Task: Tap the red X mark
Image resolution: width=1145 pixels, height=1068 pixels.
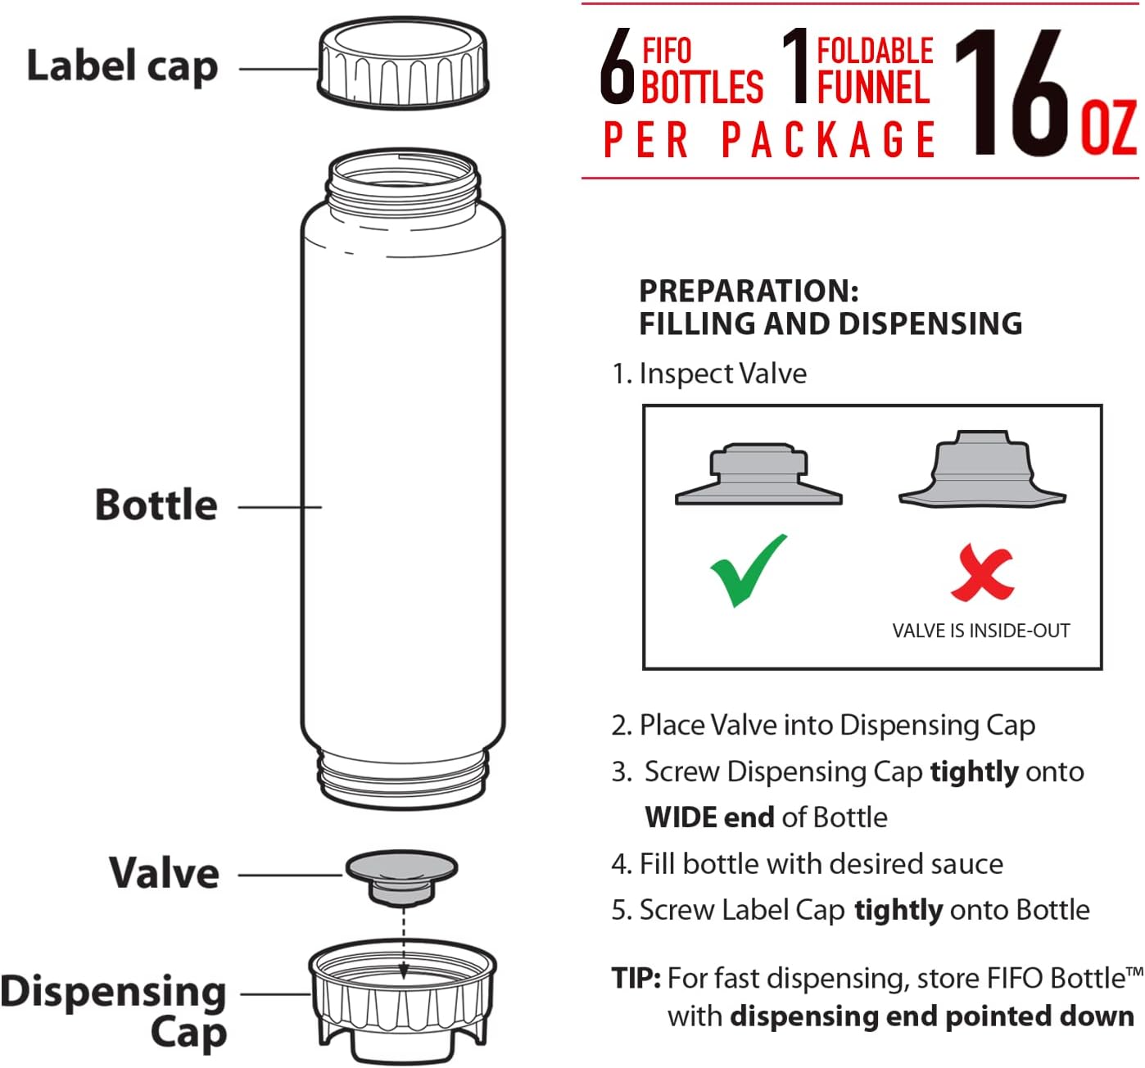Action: pyautogui.click(x=981, y=572)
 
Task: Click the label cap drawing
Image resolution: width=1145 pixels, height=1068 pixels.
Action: pyautogui.click(x=403, y=63)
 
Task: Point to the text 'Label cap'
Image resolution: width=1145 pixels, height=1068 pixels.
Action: pyautogui.click(x=122, y=67)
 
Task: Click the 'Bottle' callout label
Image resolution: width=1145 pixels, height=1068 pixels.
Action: pyautogui.click(x=156, y=505)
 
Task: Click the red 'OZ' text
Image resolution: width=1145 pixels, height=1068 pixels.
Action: pyautogui.click(x=1108, y=128)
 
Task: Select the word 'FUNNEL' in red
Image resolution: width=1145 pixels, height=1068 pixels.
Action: pyautogui.click(x=873, y=87)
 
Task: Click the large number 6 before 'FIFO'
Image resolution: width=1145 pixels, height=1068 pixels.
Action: pyautogui.click(x=617, y=66)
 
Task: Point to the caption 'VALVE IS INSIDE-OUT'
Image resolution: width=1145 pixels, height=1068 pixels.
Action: pyautogui.click(x=980, y=631)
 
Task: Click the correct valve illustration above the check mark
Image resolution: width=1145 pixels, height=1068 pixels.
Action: pyautogui.click(x=758, y=474)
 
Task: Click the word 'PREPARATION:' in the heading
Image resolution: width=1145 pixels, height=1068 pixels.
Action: pyautogui.click(x=749, y=291)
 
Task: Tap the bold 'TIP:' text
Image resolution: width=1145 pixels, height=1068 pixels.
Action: pyautogui.click(x=636, y=978)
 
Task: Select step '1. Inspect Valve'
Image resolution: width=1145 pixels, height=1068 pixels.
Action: pyautogui.click(x=709, y=373)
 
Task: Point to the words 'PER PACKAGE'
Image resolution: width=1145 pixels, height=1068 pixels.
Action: pyautogui.click(x=769, y=139)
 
